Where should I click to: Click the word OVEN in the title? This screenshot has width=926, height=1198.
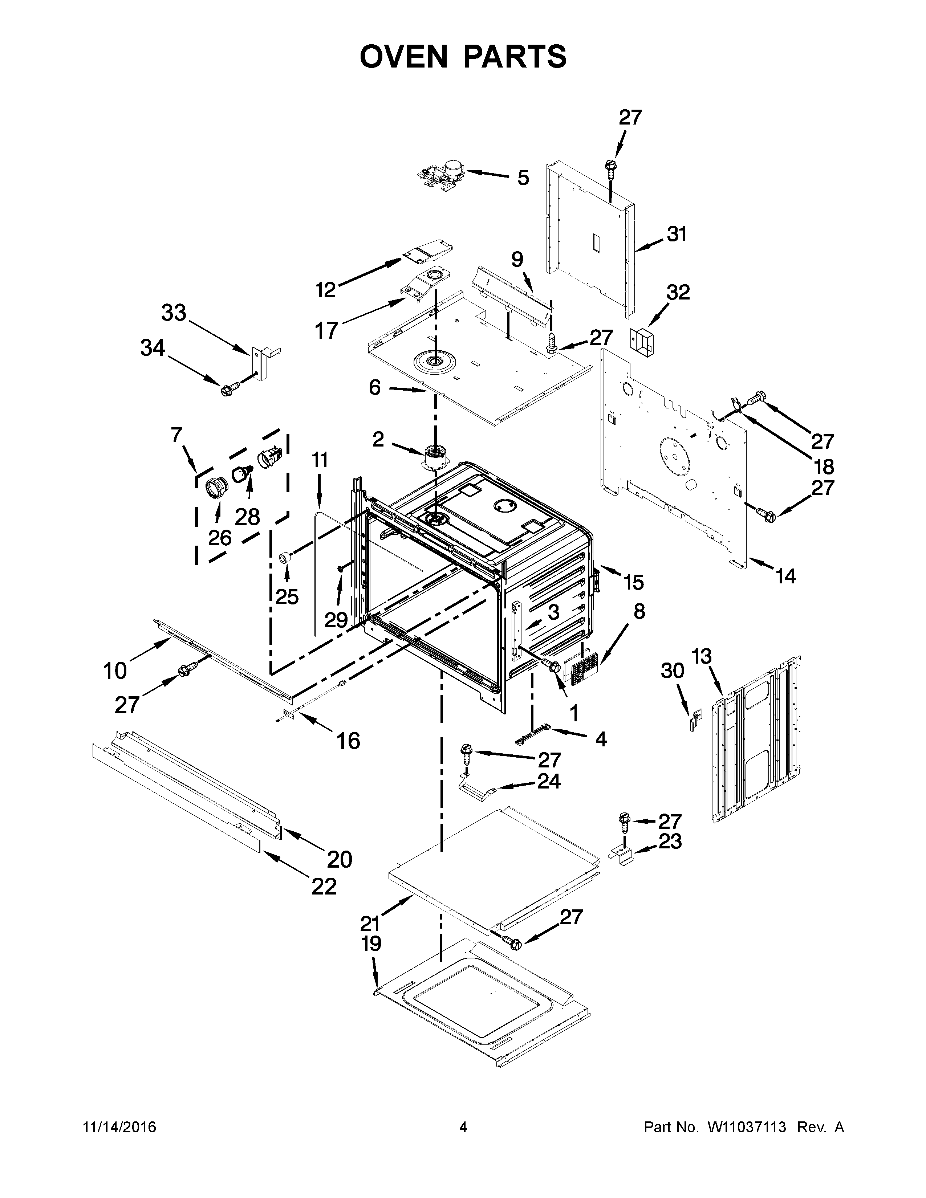tap(404, 57)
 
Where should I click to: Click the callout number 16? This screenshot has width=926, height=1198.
tap(348, 741)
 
